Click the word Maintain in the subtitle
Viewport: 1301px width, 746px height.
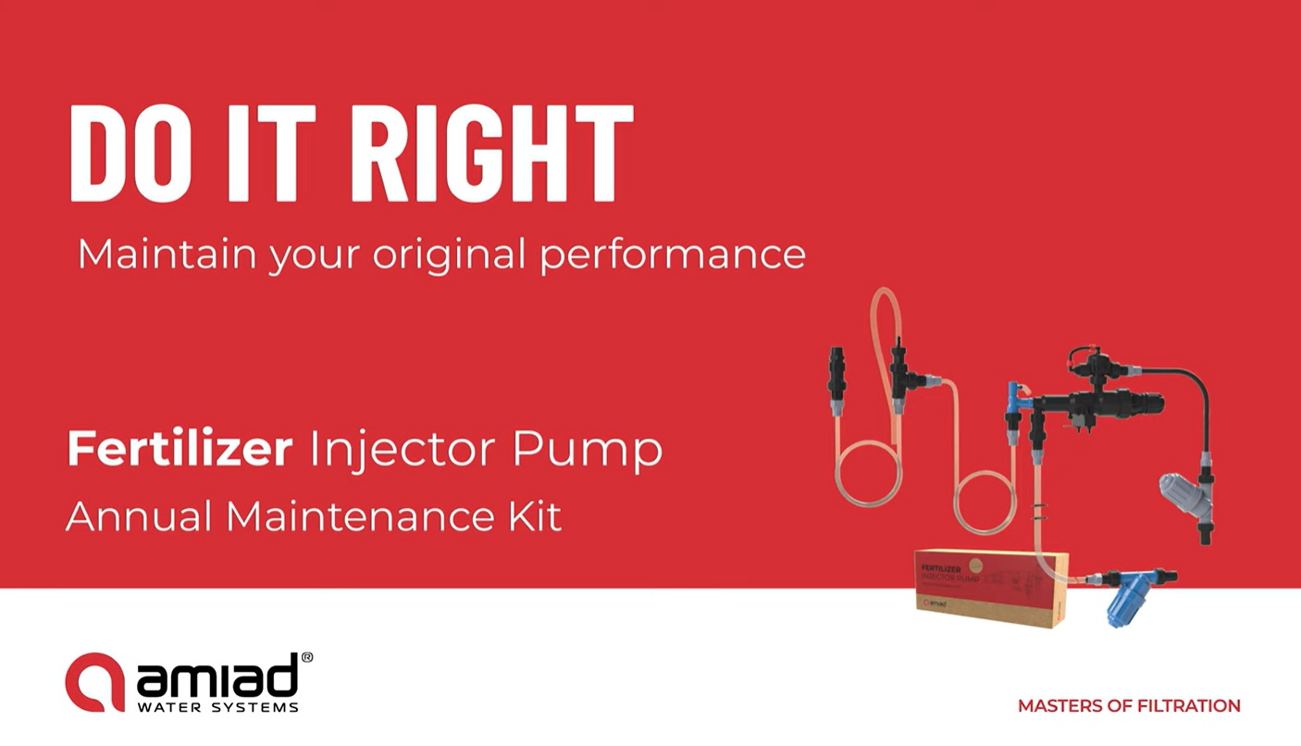[x=166, y=254]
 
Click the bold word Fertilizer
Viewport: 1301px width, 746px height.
[x=180, y=450]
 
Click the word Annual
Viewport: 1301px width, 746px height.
[x=138, y=516]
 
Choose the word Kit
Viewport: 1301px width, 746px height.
[x=533, y=516]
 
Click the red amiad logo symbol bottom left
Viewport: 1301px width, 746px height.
[x=93, y=682]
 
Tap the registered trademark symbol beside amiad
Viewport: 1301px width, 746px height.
[x=306, y=658]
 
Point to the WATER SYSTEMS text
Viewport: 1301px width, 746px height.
[x=217, y=707]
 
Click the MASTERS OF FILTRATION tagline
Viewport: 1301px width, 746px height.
[x=1129, y=706]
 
